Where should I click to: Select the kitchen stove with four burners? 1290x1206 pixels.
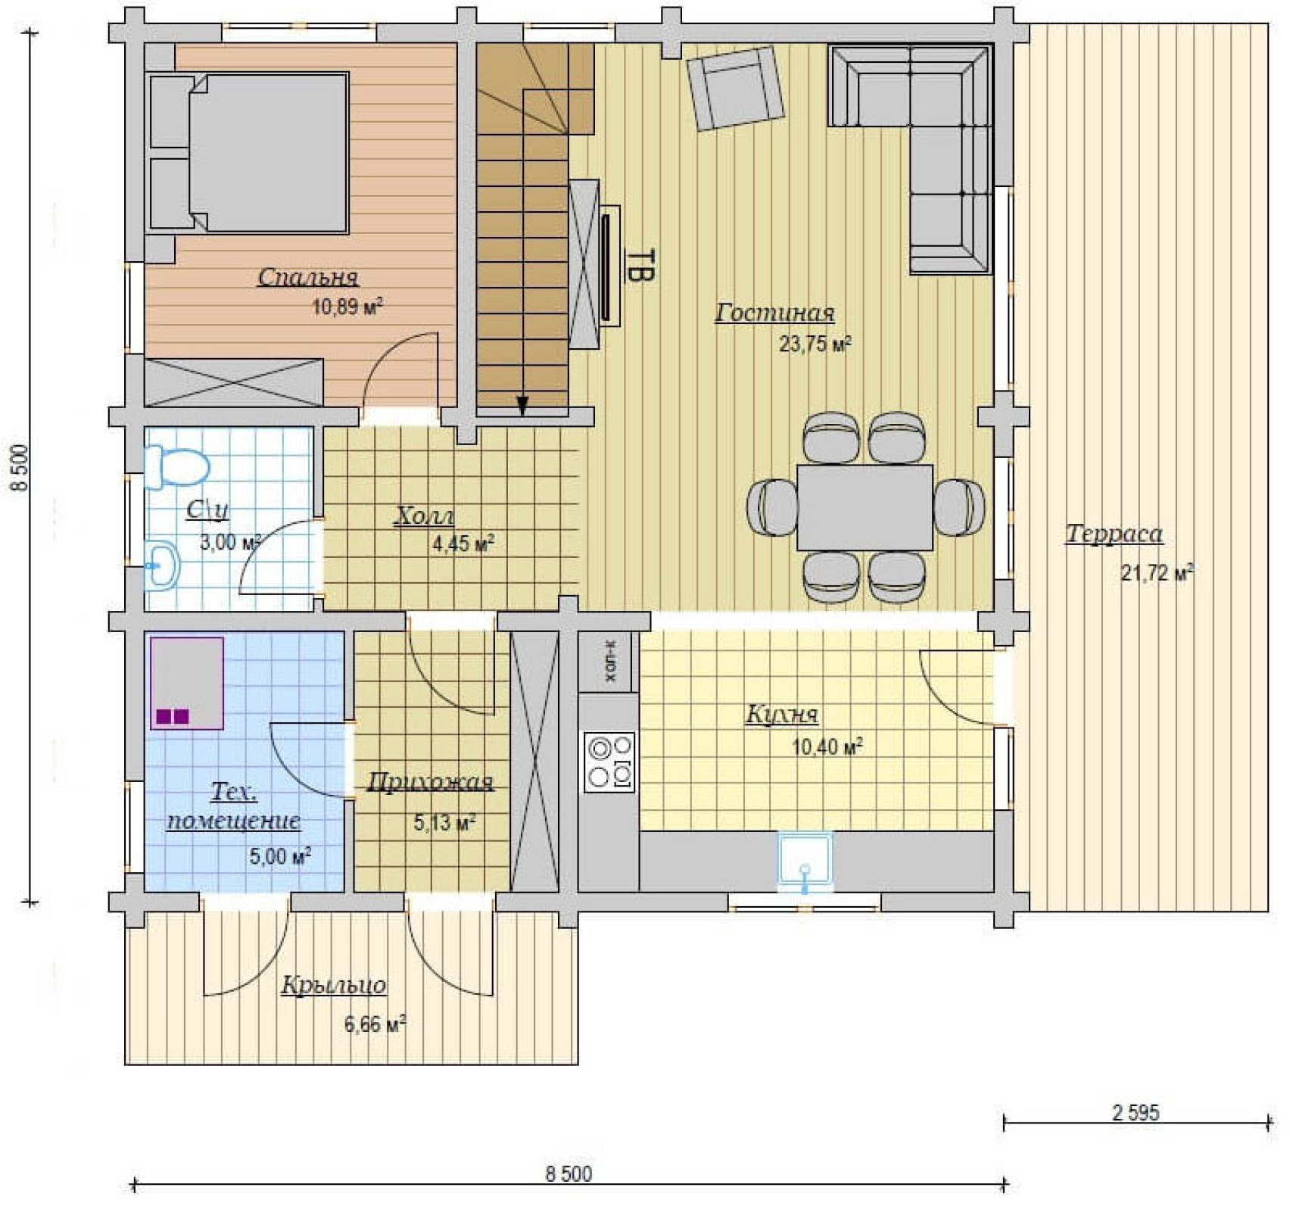[609, 762]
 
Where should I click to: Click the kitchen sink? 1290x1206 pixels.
[805, 862]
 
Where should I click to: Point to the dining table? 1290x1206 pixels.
[865, 507]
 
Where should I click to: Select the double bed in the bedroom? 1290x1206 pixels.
[249, 151]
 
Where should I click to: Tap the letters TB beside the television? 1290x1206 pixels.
[640, 266]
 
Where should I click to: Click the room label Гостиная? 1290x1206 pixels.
[774, 313]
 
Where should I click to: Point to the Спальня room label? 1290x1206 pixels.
[308, 278]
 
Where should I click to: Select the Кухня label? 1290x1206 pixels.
[782, 714]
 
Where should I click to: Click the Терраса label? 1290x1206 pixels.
[1114, 534]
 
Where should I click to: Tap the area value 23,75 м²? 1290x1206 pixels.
[815, 344]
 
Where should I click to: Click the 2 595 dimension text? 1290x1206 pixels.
[1136, 1113]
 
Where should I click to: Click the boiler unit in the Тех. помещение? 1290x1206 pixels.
[186, 683]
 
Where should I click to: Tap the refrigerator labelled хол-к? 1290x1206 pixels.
[609, 662]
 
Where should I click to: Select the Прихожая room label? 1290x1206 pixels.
[430, 783]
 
